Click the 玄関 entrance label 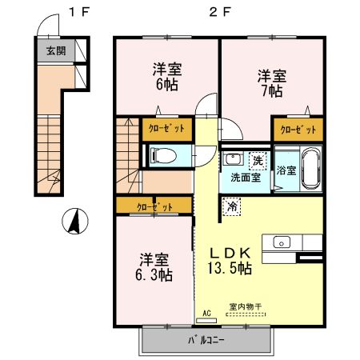coord(56,50)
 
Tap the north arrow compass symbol coord(75,221)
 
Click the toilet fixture coord(163,155)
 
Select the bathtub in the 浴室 coord(310,168)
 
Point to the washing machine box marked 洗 coord(258,161)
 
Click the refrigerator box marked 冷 coord(231,206)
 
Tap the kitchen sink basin coord(282,242)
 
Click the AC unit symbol coord(206,321)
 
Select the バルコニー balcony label coord(206,340)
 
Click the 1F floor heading coord(79,12)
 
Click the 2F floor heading coord(220,12)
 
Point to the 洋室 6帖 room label coord(167,77)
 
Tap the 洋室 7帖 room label coord(272,83)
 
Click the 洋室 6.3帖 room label coord(154,267)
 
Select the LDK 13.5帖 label coord(230,261)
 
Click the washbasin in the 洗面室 coord(233,159)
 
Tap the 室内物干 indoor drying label coord(246,306)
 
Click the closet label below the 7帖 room coord(298,130)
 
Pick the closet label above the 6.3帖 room coord(154,207)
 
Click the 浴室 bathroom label coord(286,170)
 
